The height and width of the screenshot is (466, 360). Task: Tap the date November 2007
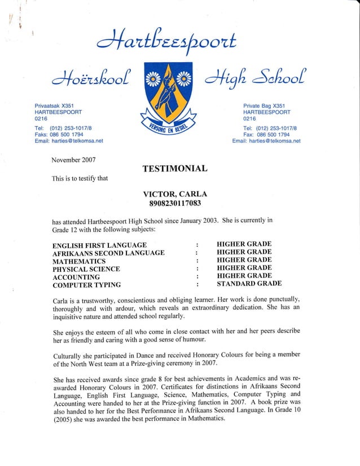(73, 160)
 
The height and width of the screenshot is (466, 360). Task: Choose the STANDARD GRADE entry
(249, 283)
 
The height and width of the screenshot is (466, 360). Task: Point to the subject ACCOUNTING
(76, 278)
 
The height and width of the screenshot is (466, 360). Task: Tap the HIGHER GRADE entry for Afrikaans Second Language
(244, 252)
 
